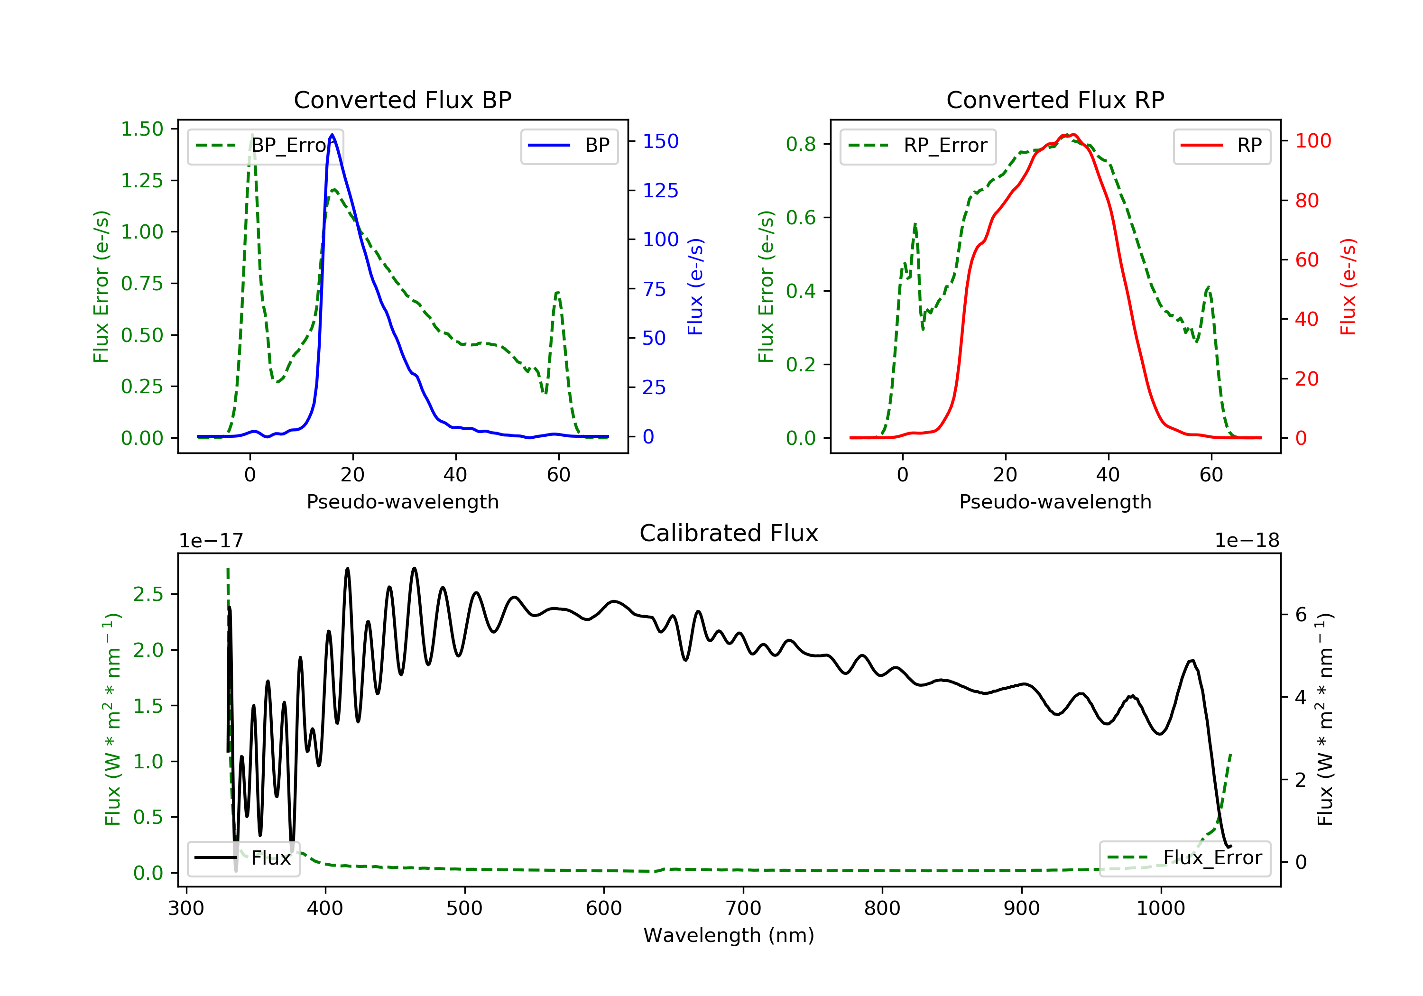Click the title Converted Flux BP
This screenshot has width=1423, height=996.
coord(402,100)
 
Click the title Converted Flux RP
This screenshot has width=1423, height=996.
coord(1055,100)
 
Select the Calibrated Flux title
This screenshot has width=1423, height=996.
coord(729,533)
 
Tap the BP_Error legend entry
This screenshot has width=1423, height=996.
coord(265,146)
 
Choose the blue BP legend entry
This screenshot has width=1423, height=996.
coord(569,146)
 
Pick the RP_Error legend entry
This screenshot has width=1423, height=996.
coord(918,146)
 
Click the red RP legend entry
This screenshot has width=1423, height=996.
coord(1221,146)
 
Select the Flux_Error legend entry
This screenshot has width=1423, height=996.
coord(1184,858)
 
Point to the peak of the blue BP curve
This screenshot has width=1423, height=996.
coord(332,135)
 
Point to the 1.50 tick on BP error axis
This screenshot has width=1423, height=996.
coord(142,129)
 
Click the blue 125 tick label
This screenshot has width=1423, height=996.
coord(661,190)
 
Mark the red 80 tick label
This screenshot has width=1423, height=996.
coord(1307,200)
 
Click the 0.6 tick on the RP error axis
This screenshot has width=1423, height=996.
coord(801,218)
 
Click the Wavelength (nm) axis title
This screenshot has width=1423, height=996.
coord(729,935)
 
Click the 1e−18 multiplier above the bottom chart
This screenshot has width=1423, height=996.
coord(1247,541)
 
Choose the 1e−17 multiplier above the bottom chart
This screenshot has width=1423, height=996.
coord(212,541)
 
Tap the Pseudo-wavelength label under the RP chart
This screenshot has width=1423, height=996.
coord(1055,501)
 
